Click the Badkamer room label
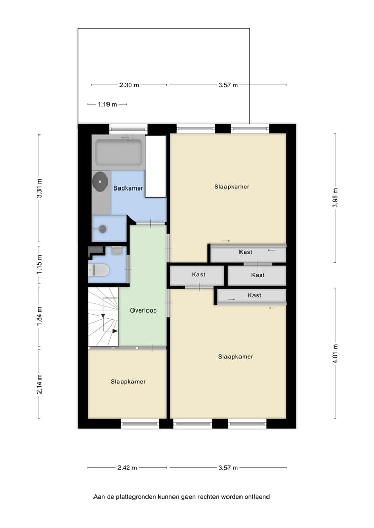pyautogui.click(x=128, y=188)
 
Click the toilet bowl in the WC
pyautogui.click(x=98, y=270)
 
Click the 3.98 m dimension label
pyautogui.click(x=335, y=197)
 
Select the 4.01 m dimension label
pyautogui.click(x=335, y=354)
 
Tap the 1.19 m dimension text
pyautogui.click(x=107, y=104)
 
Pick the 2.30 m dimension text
pyautogui.click(x=129, y=85)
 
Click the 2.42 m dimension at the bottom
pyautogui.click(x=127, y=468)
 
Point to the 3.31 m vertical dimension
pyautogui.click(x=39, y=188)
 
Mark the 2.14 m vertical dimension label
pyautogui.click(x=39, y=384)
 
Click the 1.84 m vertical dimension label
pyautogui.click(x=39, y=316)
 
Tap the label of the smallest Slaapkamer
pyautogui.click(x=128, y=381)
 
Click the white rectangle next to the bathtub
pyautogui.click(x=155, y=166)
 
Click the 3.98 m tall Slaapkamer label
pyautogui.click(x=231, y=186)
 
